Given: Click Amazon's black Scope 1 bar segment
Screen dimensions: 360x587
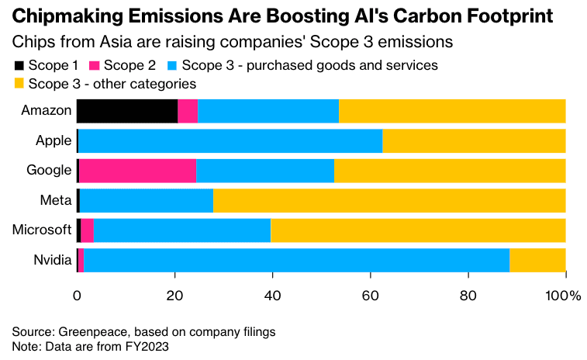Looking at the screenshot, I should (127, 111).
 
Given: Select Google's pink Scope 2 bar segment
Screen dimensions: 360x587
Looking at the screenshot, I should (137, 170).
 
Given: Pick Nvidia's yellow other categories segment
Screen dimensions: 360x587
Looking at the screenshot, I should (537, 260).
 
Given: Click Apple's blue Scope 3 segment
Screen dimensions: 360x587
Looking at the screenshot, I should (230, 140).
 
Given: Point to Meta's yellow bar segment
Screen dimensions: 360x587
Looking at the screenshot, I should (389, 200).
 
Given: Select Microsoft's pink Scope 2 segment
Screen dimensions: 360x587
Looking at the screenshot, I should (87, 230).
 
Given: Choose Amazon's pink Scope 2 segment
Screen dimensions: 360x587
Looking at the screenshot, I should (188, 111).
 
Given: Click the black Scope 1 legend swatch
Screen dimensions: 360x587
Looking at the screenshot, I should (19, 65).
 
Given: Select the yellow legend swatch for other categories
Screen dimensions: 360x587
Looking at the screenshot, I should (19, 83).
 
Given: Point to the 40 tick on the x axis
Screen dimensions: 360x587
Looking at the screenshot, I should (272, 296).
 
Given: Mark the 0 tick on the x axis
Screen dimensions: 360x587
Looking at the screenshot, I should (77, 296).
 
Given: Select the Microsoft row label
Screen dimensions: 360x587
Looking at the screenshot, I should (42, 230).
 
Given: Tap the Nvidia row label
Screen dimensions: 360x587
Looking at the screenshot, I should (52, 260).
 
